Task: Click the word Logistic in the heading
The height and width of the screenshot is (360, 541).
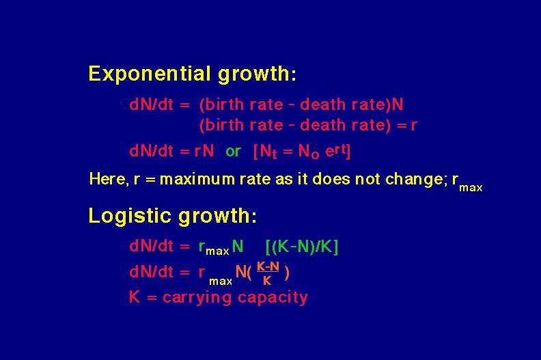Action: pyautogui.click(x=130, y=216)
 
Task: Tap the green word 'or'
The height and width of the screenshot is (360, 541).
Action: pyautogui.click(x=233, y=152)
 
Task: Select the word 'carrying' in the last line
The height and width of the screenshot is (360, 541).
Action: pyautogui.click(x=197, y=298)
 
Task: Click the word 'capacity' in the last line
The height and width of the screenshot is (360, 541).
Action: pyautogui.click(x=273, y=298)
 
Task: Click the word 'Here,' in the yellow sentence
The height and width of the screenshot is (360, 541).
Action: pyautogui.click(x=109, y=179)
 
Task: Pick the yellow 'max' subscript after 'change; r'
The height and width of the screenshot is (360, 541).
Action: pyautogui.click(x=471, y=188)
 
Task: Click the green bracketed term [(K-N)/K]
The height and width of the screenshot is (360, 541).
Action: pyautogui.click(x=302, y=247)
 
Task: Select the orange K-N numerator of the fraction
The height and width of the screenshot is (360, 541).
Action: pyautogui.click(x=268, y=266)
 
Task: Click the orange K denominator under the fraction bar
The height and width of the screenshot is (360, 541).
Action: pyautogui.click(x=267, y=281)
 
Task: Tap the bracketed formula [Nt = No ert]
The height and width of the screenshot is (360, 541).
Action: pyautogui.click(x=302, y=152)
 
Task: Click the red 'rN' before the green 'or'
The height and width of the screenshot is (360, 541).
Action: pyautogui.click(x=204, y=151)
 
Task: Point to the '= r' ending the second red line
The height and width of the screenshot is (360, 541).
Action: pyautogui.click(x=407, y=125)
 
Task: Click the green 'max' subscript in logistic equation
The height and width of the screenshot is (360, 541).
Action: pyautogui.click(x=217, y=251)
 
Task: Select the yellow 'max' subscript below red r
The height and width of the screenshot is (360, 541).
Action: pyautogui.click(x=221, y=281)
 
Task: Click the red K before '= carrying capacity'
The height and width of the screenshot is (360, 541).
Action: pyautogui.click(x=135, y=297)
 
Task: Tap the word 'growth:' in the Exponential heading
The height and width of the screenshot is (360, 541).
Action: pyautogui.click(x=257, y=74)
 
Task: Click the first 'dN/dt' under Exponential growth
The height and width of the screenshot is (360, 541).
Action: pyautogui.click(x=151, y=105)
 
